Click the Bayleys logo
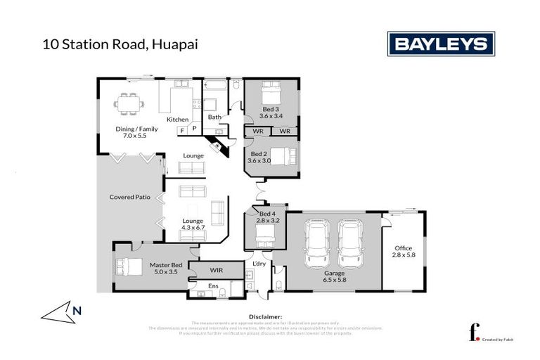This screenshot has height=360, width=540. pos(439,44)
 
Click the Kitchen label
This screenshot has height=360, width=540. pos(177,120)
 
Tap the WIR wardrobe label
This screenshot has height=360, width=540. pos(217,270)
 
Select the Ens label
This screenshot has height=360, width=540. pos(213,286)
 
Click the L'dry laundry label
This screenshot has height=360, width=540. pos(257,264)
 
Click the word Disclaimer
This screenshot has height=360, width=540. pos(265,317)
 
